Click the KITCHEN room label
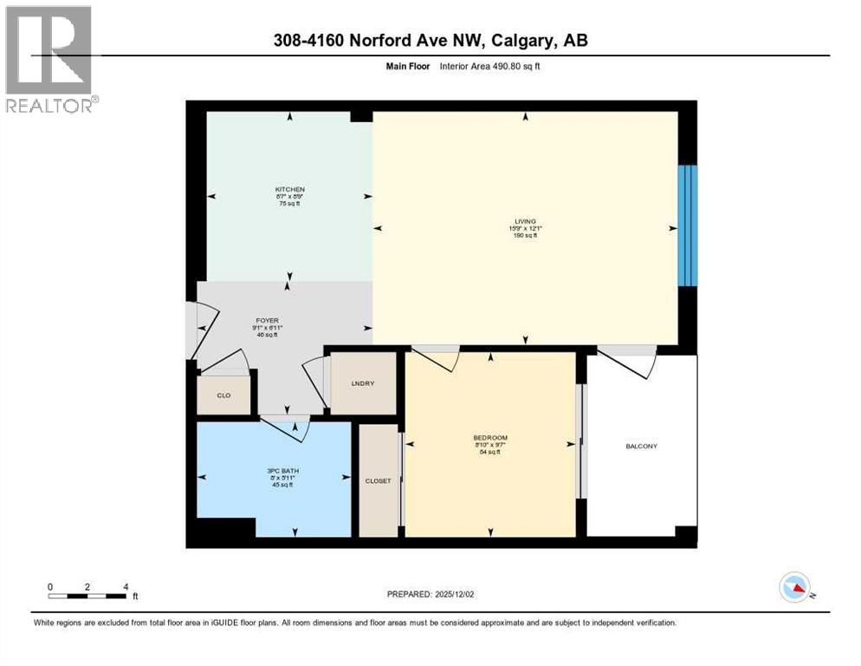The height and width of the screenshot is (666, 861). (289, 189)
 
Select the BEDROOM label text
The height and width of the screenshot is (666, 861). (490, 437)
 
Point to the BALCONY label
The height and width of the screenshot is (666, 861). (641, 447)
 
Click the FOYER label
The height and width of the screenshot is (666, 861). (268, 319)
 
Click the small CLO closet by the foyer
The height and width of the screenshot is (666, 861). (223, 395)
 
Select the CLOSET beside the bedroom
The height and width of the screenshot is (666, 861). (378, 480)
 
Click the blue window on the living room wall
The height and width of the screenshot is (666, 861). (687, 225)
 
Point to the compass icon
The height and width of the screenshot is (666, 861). (794, 587)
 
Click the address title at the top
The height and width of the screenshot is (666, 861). (430, 40)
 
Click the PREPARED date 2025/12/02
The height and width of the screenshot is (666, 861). (430, 594)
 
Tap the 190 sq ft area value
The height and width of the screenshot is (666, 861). (525, 235)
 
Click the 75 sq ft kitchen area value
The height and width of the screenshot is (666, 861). (289, 204)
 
